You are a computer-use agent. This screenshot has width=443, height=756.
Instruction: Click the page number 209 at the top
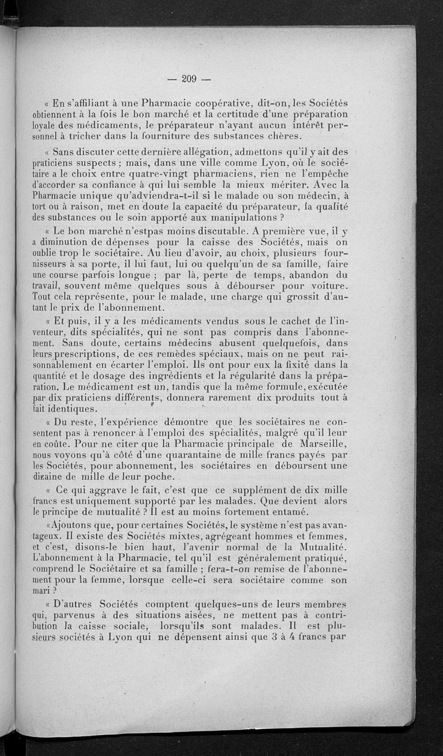[189, 79]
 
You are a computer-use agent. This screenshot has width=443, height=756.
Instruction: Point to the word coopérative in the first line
[231, 102]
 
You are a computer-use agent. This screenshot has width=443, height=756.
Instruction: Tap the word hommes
[291, 536]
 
